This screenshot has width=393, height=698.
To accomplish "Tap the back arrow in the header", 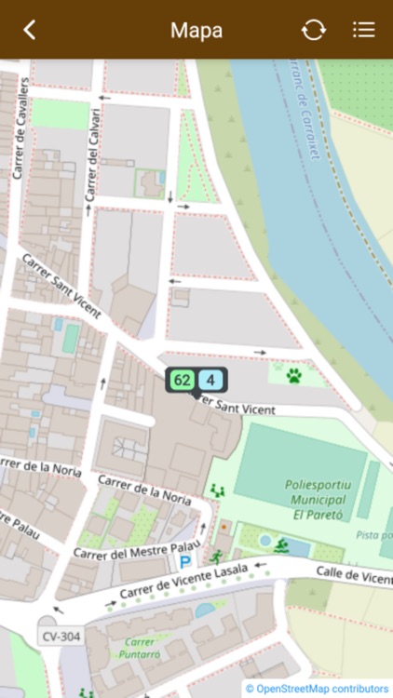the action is [30, 30].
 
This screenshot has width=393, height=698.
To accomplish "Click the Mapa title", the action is [196, 30].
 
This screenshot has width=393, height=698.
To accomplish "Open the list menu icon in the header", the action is [364, 30].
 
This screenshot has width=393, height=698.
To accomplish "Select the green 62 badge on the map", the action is [182, 380].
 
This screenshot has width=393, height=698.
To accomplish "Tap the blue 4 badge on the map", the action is [211, 380].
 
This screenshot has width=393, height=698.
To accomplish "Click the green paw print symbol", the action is [294, 376].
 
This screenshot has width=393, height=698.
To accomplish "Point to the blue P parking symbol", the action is [185, 561].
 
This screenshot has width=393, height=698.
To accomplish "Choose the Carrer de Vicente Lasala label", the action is [183, 583].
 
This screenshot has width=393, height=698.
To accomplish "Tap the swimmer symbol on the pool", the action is [281, 544].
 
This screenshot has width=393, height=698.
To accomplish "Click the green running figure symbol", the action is [218, 557].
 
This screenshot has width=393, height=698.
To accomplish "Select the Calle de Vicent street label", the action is [355, 576].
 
